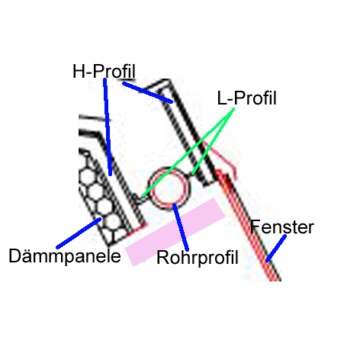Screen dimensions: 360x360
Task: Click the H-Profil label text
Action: (104, 71)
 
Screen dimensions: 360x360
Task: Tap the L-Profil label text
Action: (246, 98)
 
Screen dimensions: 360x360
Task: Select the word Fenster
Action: (282, 227)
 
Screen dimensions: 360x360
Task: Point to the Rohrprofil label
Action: (198, 258)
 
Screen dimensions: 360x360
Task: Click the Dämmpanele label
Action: (65, 256)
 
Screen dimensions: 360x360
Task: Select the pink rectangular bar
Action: (175, 232)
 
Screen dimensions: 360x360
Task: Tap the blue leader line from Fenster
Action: (276, 248)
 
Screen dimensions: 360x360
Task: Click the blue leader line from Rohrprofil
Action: (181, 227)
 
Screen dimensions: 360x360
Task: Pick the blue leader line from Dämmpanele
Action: (79, 233)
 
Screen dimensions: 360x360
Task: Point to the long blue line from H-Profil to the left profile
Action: (108, 127)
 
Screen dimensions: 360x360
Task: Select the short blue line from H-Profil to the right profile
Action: (147, 92)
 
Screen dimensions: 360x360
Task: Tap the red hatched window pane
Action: (248, 225)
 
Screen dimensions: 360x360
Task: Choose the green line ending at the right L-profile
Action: (213, 141)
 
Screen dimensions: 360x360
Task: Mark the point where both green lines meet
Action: (233, 109)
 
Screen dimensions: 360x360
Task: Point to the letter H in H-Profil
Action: (79, 72)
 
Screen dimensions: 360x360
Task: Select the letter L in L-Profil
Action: (222, 98)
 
